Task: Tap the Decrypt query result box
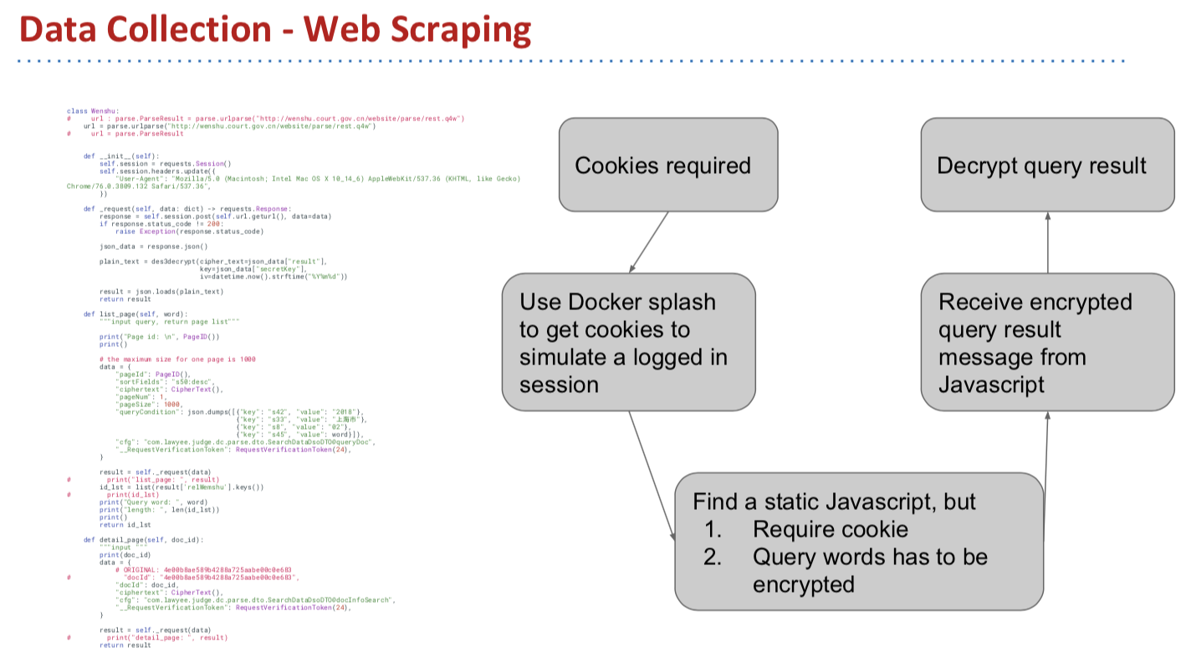[1046, 165]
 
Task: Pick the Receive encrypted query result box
[1046, 342]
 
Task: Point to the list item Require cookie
[830, 529]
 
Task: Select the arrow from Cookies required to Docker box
[649, 242]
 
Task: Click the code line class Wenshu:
[93, 111]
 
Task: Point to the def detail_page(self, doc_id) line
[143, 540]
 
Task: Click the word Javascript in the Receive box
[991, 384]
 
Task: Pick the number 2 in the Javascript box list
[709, 557]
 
